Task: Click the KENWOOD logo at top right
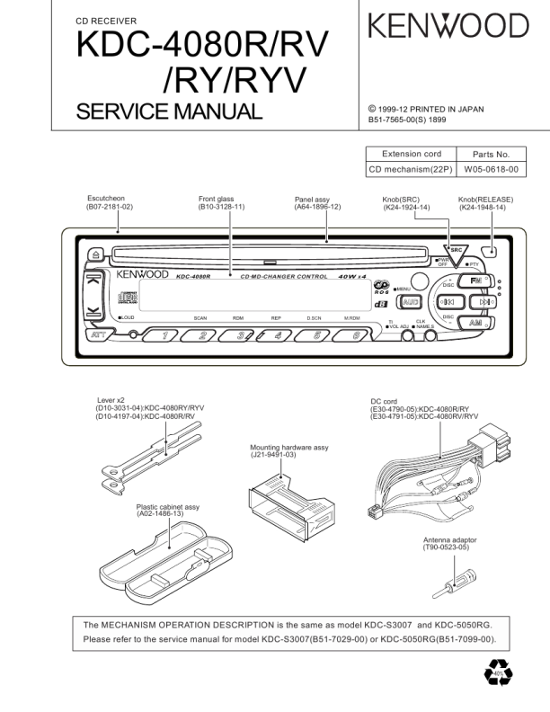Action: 448,27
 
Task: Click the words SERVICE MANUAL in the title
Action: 169,111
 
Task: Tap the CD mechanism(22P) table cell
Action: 411,169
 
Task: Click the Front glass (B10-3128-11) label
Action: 221,203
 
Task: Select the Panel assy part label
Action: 317,203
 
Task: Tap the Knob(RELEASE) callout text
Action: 482,203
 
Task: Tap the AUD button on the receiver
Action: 412,302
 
